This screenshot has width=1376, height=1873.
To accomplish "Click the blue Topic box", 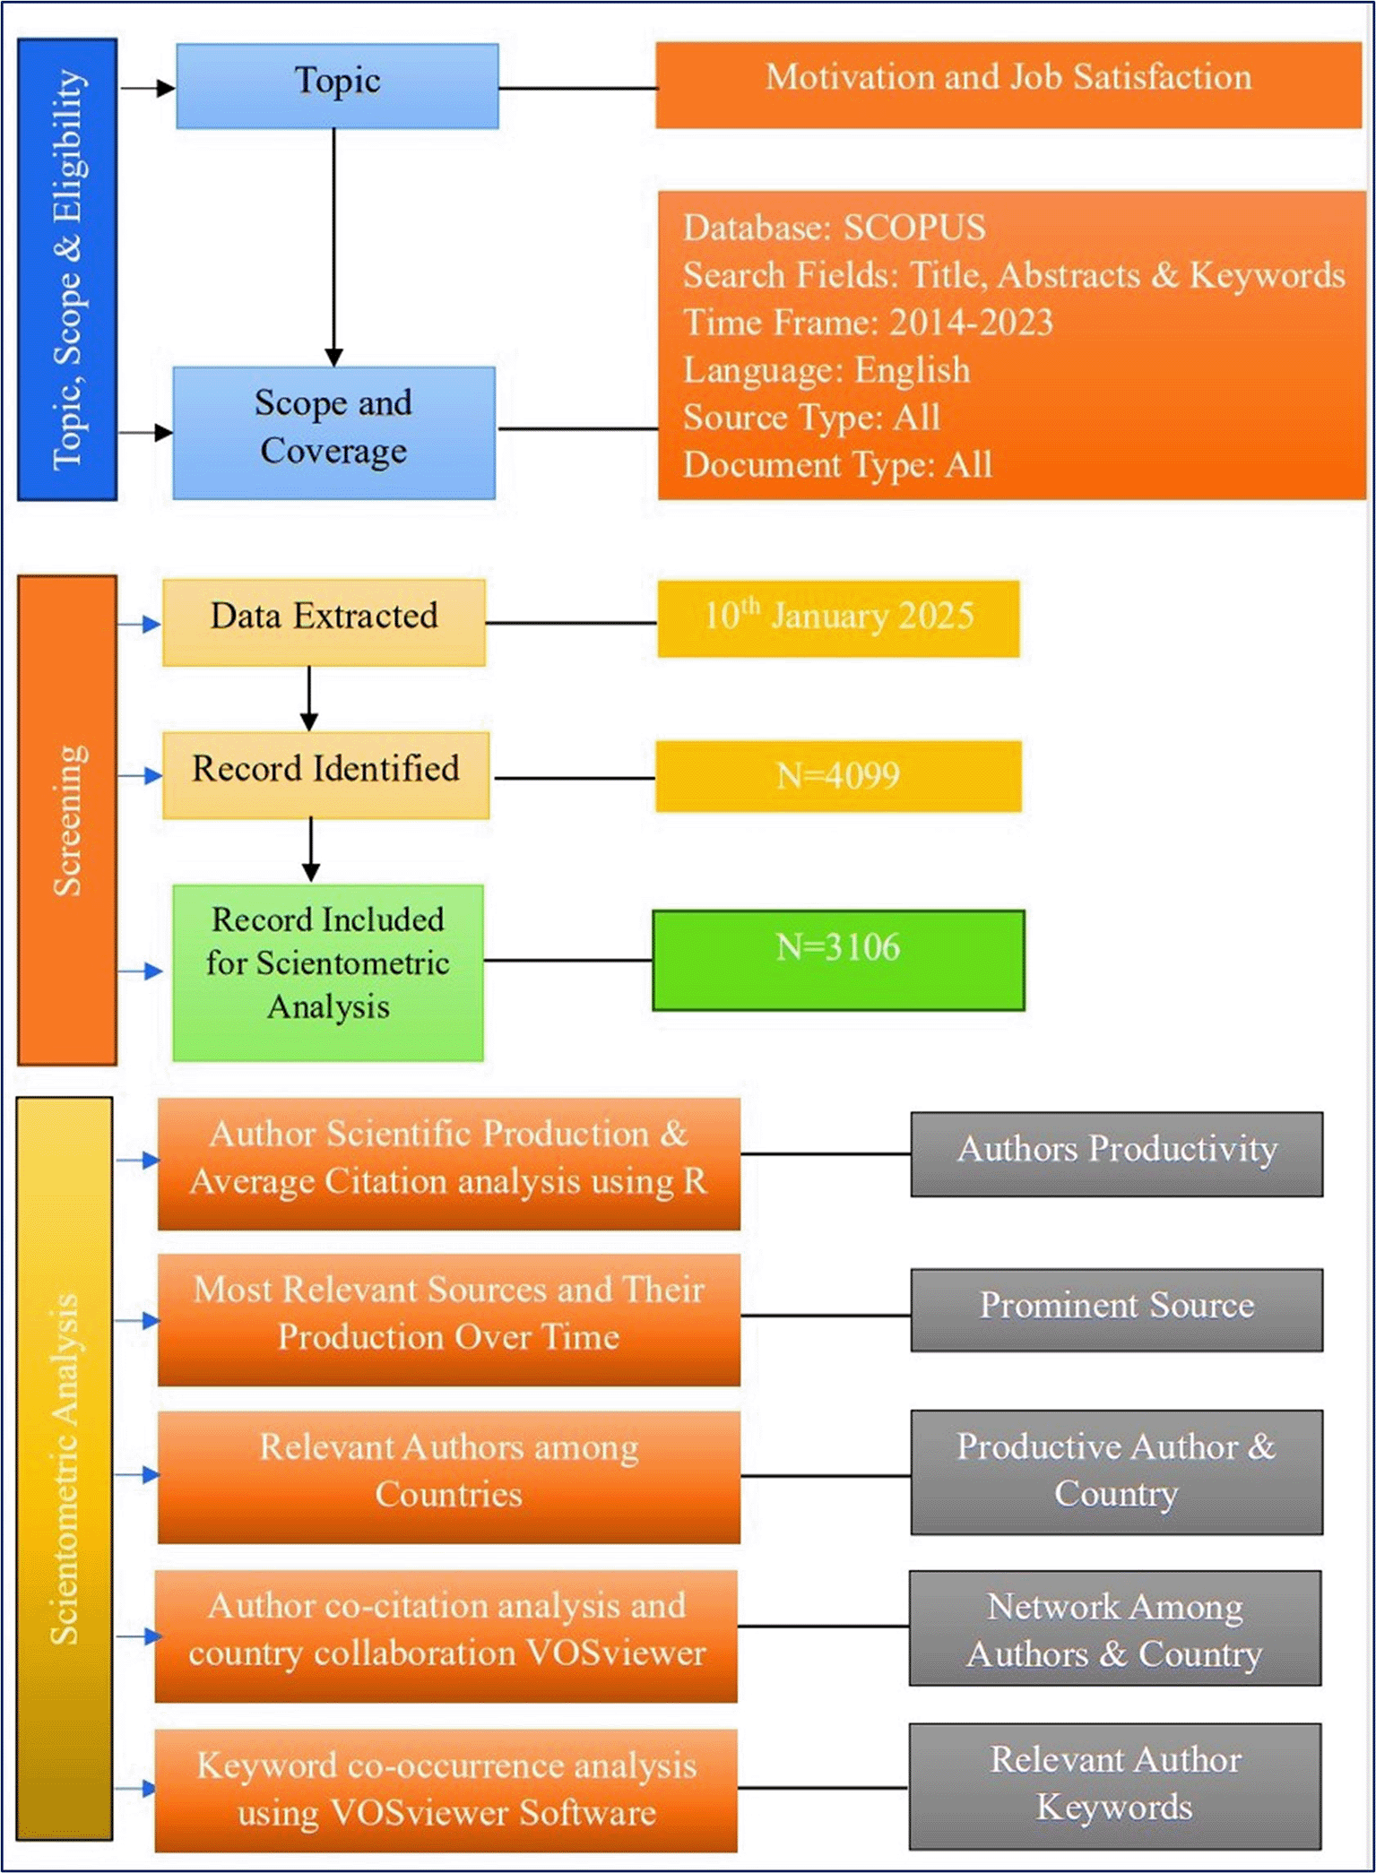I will click(x=337, y=85).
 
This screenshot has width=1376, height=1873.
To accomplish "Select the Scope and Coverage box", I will click(x=333, y=432).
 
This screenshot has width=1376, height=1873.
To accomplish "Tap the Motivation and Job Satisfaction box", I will click(x=1008, y=84).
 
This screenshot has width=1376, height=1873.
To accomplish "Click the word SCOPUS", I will click(x=914, y=228).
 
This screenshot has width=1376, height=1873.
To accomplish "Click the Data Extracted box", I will click(x=324, y=621).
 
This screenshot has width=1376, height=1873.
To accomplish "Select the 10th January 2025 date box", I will click(x=838, y=618).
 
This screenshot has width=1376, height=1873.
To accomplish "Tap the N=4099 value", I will click(x=838, y=776).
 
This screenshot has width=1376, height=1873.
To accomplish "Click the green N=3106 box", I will click(x=838, y=960).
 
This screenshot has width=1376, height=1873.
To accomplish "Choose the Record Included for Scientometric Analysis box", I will click(x=328, y=971).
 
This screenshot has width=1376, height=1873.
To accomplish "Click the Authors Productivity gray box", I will click(x=1117, y=1153).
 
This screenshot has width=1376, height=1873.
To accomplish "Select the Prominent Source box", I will click(x=1117, y=1308).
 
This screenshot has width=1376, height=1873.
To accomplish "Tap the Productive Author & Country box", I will click(x=1117, y=1472).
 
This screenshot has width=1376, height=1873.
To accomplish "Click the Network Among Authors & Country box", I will click(x=1115, y=1627).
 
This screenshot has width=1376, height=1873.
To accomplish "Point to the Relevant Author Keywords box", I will click(x=1115, y=1785).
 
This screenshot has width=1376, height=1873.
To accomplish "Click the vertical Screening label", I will click(x=67, y=819).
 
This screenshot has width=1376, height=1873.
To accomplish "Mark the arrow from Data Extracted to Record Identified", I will click(x=309, y=698).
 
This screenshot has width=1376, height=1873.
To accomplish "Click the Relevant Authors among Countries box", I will click(x=448, y=1476).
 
